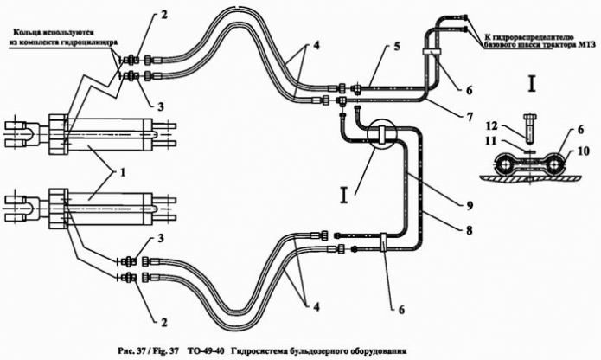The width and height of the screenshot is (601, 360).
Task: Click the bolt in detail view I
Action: point(530,127)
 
